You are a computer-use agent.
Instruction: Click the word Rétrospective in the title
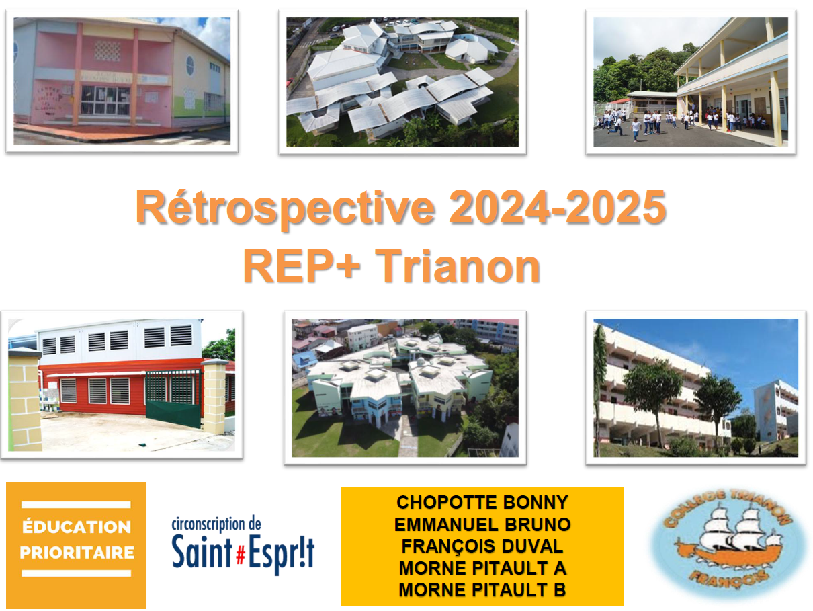285,208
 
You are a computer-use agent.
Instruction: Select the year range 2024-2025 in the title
558,207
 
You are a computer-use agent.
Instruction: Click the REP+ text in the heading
302,266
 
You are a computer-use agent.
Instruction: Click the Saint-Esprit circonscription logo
243,544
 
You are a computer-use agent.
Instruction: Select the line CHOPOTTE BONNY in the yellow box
482,503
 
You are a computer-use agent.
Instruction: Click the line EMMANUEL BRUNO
482,525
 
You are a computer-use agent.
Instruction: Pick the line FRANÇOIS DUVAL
482,546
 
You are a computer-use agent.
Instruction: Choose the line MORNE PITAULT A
482,568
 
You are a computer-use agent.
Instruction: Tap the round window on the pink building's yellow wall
190,66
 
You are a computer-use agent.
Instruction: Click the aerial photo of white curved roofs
402,82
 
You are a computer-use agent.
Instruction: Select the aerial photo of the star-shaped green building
405,388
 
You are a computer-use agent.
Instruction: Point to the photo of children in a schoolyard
691,82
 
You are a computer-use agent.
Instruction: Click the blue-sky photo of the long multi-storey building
695,388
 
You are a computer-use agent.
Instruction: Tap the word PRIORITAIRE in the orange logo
77,553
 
